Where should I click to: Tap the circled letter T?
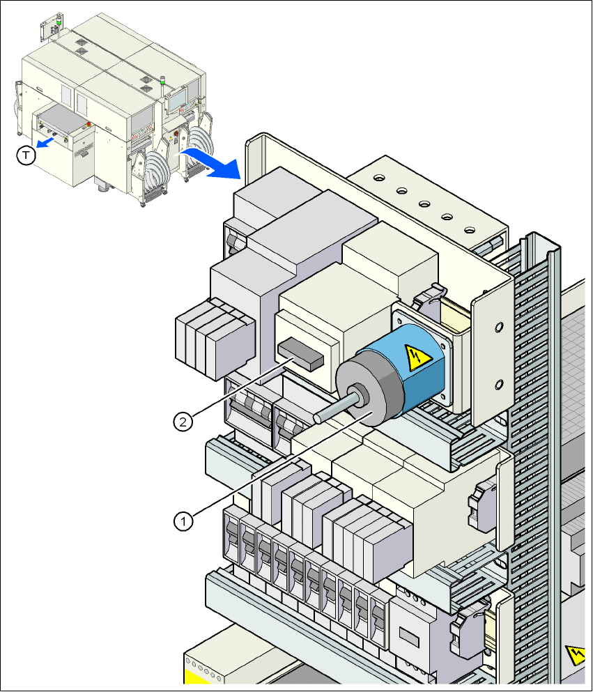click(25, 156)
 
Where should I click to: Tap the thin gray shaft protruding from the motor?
click(334, 408)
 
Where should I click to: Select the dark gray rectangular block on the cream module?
click(300, 354)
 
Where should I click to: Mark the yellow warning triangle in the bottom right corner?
click(577, 656)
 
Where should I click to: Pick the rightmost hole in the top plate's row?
click(469, 229)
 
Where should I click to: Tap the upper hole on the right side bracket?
click(499, 326)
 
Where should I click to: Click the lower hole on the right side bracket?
click(499, 383)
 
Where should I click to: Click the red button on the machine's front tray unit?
click(88, 125)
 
